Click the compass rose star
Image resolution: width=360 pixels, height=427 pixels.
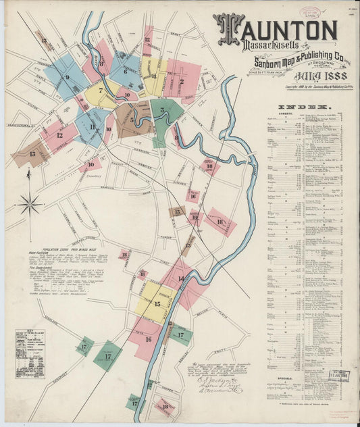(x=30, y=203)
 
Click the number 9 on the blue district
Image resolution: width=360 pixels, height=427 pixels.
(x=67, y=77)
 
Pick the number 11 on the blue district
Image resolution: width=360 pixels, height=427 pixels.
(x=92, y=127)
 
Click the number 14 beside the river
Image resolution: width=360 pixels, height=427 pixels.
(x=180, y=277)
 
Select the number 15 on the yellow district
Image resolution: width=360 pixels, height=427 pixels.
(x=157, y=305)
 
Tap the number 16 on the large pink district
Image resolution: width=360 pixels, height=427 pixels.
(x=148, y=339)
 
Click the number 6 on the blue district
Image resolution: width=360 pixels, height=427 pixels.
(x=125, y=71)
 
